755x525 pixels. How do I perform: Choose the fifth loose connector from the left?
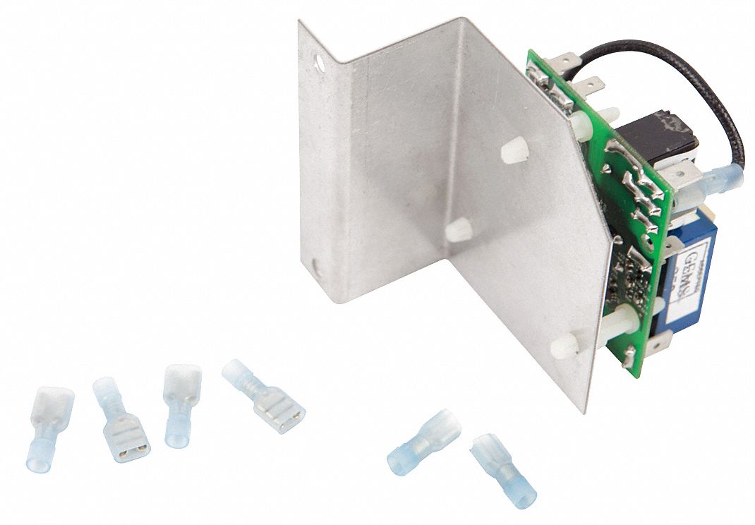[x=423, y=442]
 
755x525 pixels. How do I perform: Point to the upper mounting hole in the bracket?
[x=322, y=63]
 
